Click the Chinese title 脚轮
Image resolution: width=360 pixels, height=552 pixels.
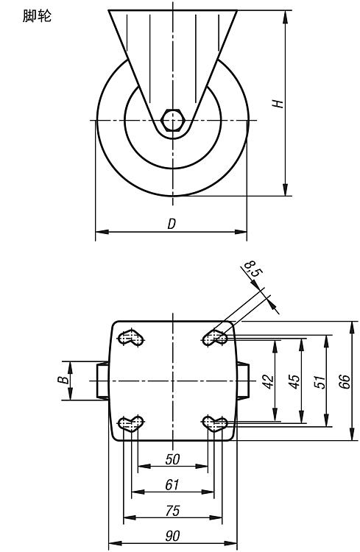click(x=37, y=16)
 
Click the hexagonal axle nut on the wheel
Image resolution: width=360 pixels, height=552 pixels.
click(x=172, y=121)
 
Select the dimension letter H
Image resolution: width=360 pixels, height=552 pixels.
click(x=278, y=104)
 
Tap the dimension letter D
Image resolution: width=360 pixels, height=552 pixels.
click(x=172, y=224)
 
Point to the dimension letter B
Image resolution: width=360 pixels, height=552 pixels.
click(x=63, y=381)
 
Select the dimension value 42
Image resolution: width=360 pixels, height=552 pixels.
click(x=269, y=381)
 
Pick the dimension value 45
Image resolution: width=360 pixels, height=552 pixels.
click(x=294, y=381)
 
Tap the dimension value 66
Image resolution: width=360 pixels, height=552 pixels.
click(x=345, y=381)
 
